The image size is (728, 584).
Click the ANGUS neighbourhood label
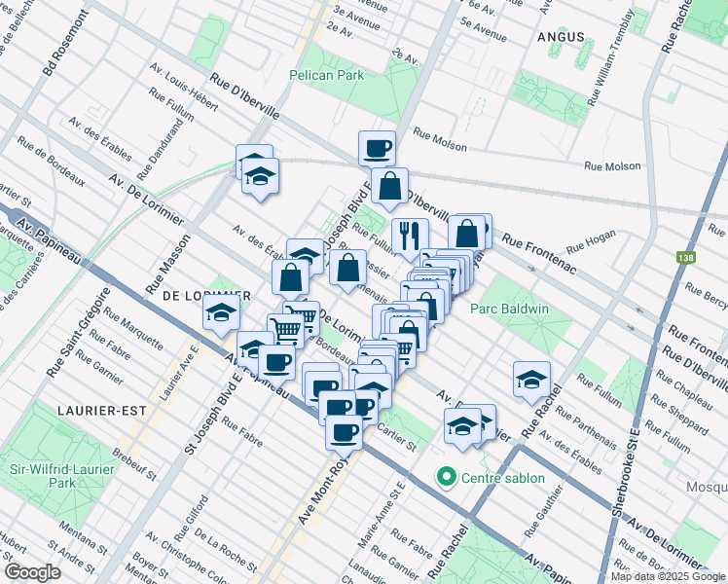[x=560, y=37]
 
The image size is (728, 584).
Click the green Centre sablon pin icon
[x=447, y=477]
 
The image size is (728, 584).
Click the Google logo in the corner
[x=32, y=571]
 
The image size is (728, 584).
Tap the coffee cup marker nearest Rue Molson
[x=377, y=149]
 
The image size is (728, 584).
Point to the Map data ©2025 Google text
[x=668, y=576]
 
